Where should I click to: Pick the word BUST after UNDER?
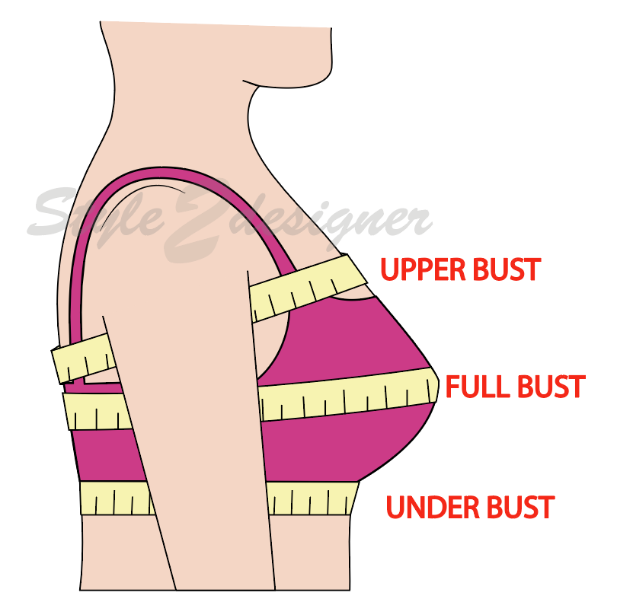coord(520,507)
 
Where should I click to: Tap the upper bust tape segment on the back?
coord(82,357)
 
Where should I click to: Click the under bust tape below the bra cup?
coord(312,498)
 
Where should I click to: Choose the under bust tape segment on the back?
coord(114,498)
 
